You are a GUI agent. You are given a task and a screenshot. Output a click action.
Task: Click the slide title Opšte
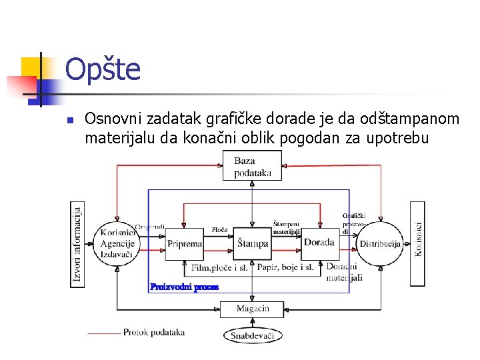pyautogui.click(x=103, y=69)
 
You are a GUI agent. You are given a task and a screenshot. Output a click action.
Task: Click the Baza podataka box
pyautogui.click(x=252, y=166)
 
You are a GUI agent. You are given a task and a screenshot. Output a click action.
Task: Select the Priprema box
pyautogui.click(x=184, y=244)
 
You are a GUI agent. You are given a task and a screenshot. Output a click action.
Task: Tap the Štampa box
pyautogui.click(x=252, y=244)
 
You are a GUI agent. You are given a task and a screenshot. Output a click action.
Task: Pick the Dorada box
pyautogui.click(x=319, y=243)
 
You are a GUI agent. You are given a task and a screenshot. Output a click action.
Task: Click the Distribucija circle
pyautogui.click(x=379, y=244)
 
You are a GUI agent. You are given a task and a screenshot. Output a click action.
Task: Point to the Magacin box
pyautogui.click(x=252, y=309)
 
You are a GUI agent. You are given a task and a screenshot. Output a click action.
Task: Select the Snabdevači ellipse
pyautogui.click(x=252, y=335)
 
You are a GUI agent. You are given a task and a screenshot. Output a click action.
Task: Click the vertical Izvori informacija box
pyautogui.click(x=78, y=244)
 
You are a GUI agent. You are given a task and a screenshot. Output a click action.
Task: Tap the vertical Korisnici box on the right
pyautogui.click(x=418, y=244)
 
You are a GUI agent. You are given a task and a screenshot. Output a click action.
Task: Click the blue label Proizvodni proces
pyautogui.click(x=184, y=287)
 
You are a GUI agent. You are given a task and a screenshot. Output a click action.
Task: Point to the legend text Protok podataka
pyautogui.click(x=154, y=332)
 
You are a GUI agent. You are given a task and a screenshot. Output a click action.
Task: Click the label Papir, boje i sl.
pyautogui.click(x=285, y=268)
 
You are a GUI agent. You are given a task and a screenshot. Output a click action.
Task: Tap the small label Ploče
pyautogui.click(x=219, y=230)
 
